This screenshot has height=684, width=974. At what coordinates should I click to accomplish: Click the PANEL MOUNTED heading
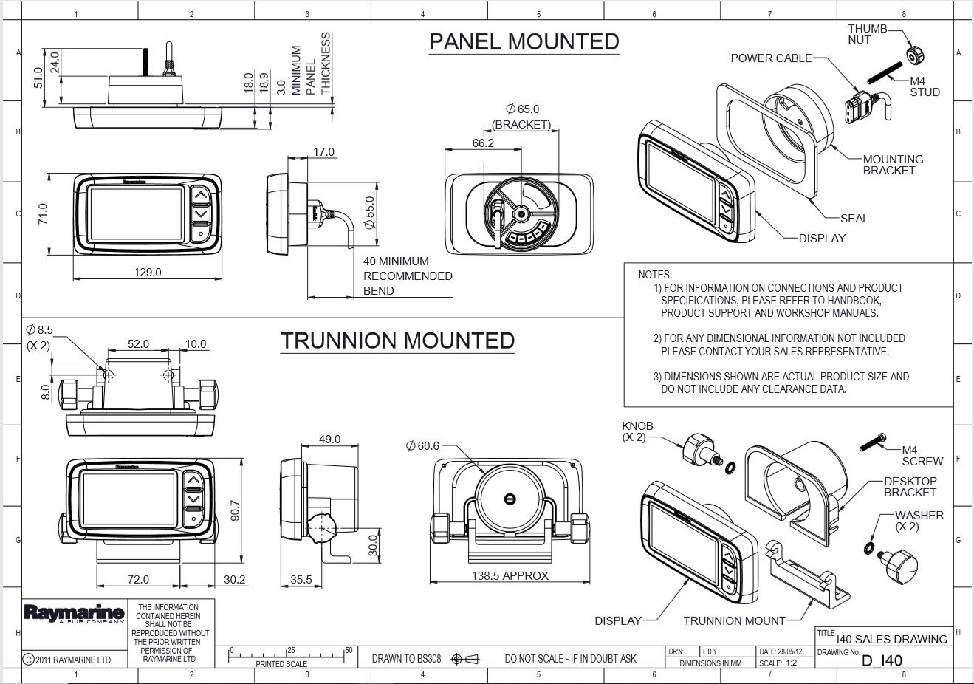[524, 41]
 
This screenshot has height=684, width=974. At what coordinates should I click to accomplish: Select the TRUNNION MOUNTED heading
[397, 341]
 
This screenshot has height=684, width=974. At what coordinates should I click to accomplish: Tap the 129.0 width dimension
[148, 273]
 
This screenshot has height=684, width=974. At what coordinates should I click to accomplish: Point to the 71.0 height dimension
[43, 214]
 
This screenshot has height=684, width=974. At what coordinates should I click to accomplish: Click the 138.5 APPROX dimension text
[510, 576]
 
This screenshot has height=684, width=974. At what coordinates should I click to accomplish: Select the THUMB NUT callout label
[867, 34]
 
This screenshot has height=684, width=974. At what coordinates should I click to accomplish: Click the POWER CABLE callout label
[771, 58]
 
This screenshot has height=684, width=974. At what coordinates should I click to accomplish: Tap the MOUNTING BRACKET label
[893, 165]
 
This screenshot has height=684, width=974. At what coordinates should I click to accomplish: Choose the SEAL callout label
[854, 219]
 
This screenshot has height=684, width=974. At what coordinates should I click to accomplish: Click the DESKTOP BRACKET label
[910, 487]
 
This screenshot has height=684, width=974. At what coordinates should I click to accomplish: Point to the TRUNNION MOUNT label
[734, 621]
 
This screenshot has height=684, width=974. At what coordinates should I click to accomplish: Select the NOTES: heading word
[655, 275]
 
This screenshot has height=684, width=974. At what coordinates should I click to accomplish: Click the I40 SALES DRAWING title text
[891, 640]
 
